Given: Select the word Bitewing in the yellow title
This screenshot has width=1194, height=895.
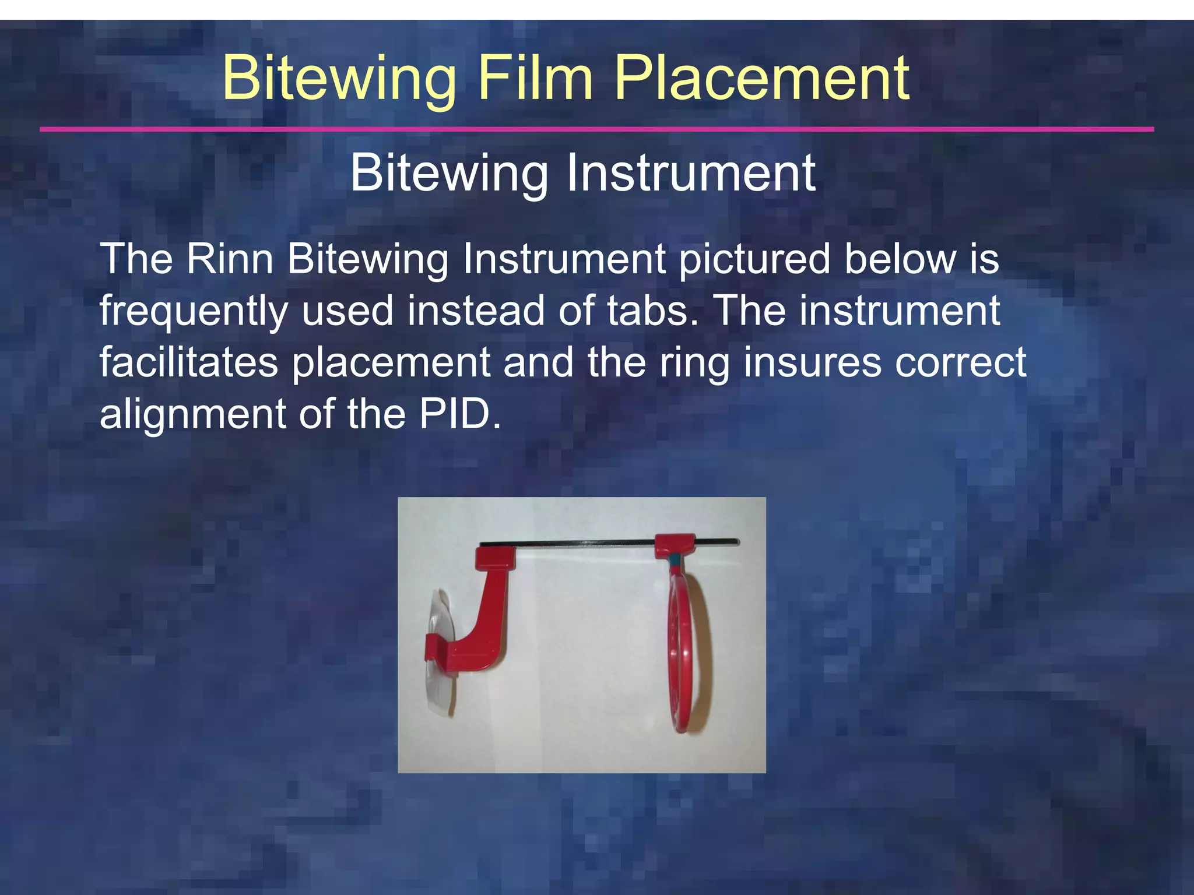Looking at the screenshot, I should point(339,79).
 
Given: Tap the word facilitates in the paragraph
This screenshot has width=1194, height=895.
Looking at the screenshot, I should point(188,362).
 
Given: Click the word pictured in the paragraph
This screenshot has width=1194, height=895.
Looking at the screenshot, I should point(754,260).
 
